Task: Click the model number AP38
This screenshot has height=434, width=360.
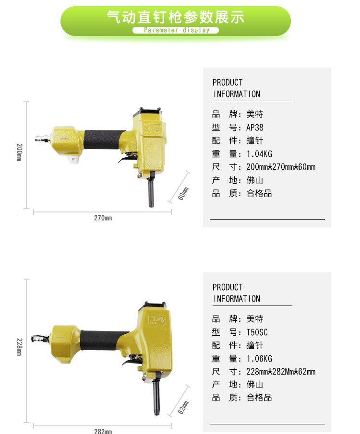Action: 255,128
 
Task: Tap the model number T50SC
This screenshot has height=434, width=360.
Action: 257,332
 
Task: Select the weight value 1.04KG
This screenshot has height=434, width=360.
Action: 259,154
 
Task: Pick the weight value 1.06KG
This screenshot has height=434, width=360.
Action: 259,359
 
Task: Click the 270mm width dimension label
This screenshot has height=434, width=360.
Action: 103,218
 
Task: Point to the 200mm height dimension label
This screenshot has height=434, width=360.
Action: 19,152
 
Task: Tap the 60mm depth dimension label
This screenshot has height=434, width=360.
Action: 183,193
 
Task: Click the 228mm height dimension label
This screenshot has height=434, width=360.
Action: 19,347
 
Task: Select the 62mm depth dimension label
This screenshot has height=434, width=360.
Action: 183,407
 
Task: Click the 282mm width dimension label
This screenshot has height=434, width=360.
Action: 103,431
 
